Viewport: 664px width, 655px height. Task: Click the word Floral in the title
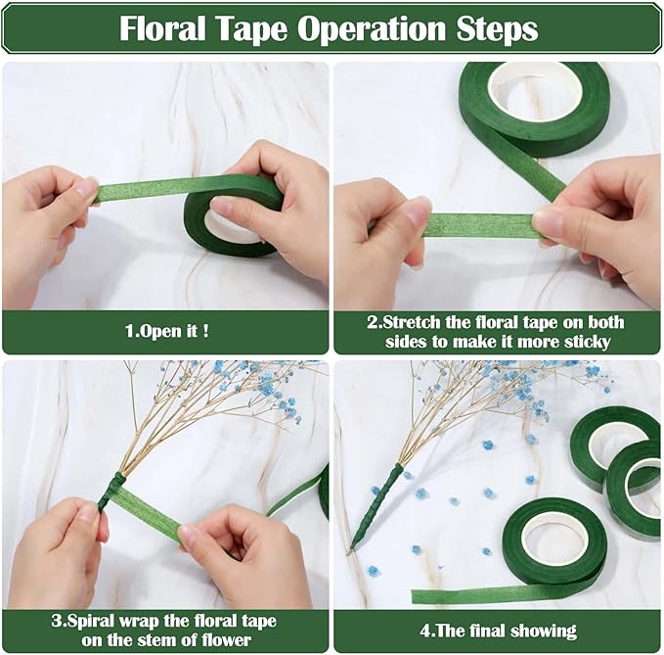click(x=162, y=28)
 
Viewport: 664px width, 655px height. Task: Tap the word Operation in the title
click(x=364, y=28)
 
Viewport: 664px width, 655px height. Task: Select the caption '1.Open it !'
click(x=166, y=331)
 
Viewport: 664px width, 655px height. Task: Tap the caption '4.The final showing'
click(x=499, y=631)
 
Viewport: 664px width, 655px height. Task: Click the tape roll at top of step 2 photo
click(x=534, y=107)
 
